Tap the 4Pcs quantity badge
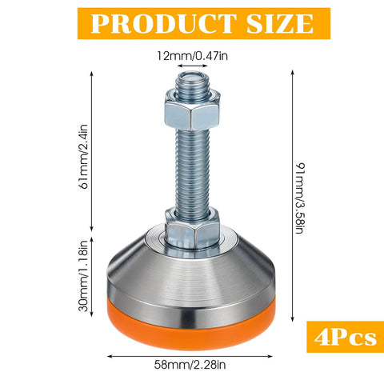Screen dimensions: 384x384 click(341, 337)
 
